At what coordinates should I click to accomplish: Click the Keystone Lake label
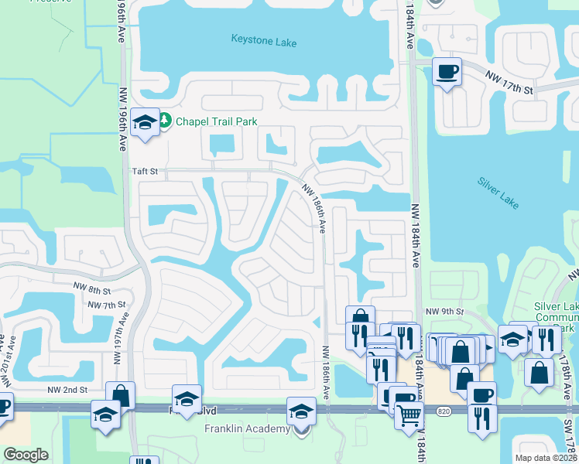point(264,40)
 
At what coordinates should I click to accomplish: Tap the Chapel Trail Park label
point(216,121)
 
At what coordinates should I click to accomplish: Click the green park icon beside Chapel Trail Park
point(166,121)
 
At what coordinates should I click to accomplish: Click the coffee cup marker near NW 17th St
point(447,72)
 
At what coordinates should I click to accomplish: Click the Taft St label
point(144,172)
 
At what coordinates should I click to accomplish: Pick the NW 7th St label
point(107,305)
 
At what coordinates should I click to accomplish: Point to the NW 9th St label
point(444,312)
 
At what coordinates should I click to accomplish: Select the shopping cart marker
point(409,415)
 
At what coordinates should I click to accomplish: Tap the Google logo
point(26,454)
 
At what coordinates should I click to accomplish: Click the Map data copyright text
point(544,458)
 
